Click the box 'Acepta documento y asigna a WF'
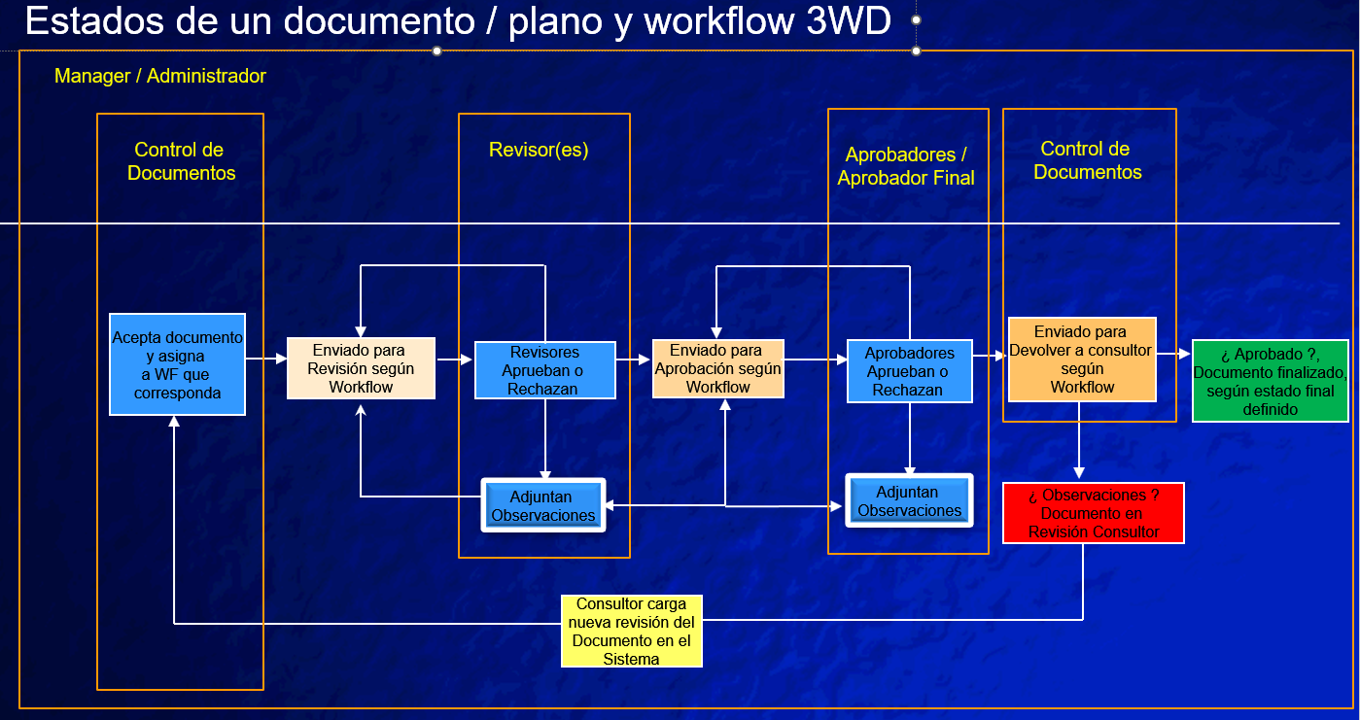177,364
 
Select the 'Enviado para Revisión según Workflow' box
361,368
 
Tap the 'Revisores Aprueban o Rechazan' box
544,369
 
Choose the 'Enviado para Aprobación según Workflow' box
717,368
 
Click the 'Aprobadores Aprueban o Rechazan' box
910,371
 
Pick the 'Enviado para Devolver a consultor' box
1082,360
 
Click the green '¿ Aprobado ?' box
1271,381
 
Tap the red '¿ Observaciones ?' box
1094,513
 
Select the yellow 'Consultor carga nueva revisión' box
632,631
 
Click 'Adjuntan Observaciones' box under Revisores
543,505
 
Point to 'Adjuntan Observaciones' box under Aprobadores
910,500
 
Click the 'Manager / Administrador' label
160,76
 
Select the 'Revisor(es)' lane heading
539,150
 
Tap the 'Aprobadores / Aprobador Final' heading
906,166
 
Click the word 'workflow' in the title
718,20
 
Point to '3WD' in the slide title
849,20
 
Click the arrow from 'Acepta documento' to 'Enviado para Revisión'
266,359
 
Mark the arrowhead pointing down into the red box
1079,473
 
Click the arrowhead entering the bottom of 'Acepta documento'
174,422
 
